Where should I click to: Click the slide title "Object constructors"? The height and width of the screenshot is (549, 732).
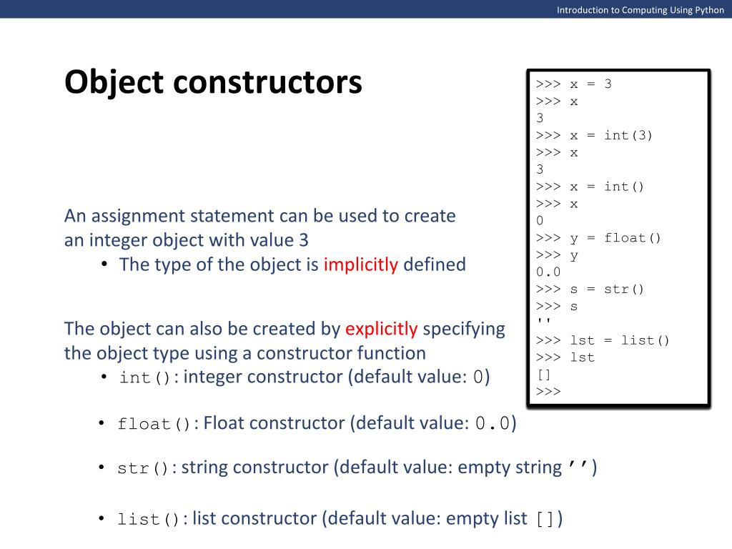tap(213, 83)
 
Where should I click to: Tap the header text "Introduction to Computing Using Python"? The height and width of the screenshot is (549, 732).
tap(640, 10)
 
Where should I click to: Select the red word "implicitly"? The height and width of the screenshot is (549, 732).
tap(360, 264)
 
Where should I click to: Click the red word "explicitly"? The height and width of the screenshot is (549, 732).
tap(381, 329)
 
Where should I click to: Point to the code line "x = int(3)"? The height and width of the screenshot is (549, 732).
tap(610, 135)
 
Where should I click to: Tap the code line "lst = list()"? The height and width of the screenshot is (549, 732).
tap(619, 340)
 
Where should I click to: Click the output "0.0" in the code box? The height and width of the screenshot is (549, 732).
tap(548, 272)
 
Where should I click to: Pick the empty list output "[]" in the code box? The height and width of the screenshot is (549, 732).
tap(541, 374)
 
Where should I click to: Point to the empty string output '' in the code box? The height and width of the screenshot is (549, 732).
tap(540, 322)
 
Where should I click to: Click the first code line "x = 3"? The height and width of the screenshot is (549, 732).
tap(590, 84)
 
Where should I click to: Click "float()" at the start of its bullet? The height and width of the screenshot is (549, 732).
tap(154, 425)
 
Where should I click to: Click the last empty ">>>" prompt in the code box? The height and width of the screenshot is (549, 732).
tap(548, 391)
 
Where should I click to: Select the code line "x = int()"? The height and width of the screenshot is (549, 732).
tap(606, 187)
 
